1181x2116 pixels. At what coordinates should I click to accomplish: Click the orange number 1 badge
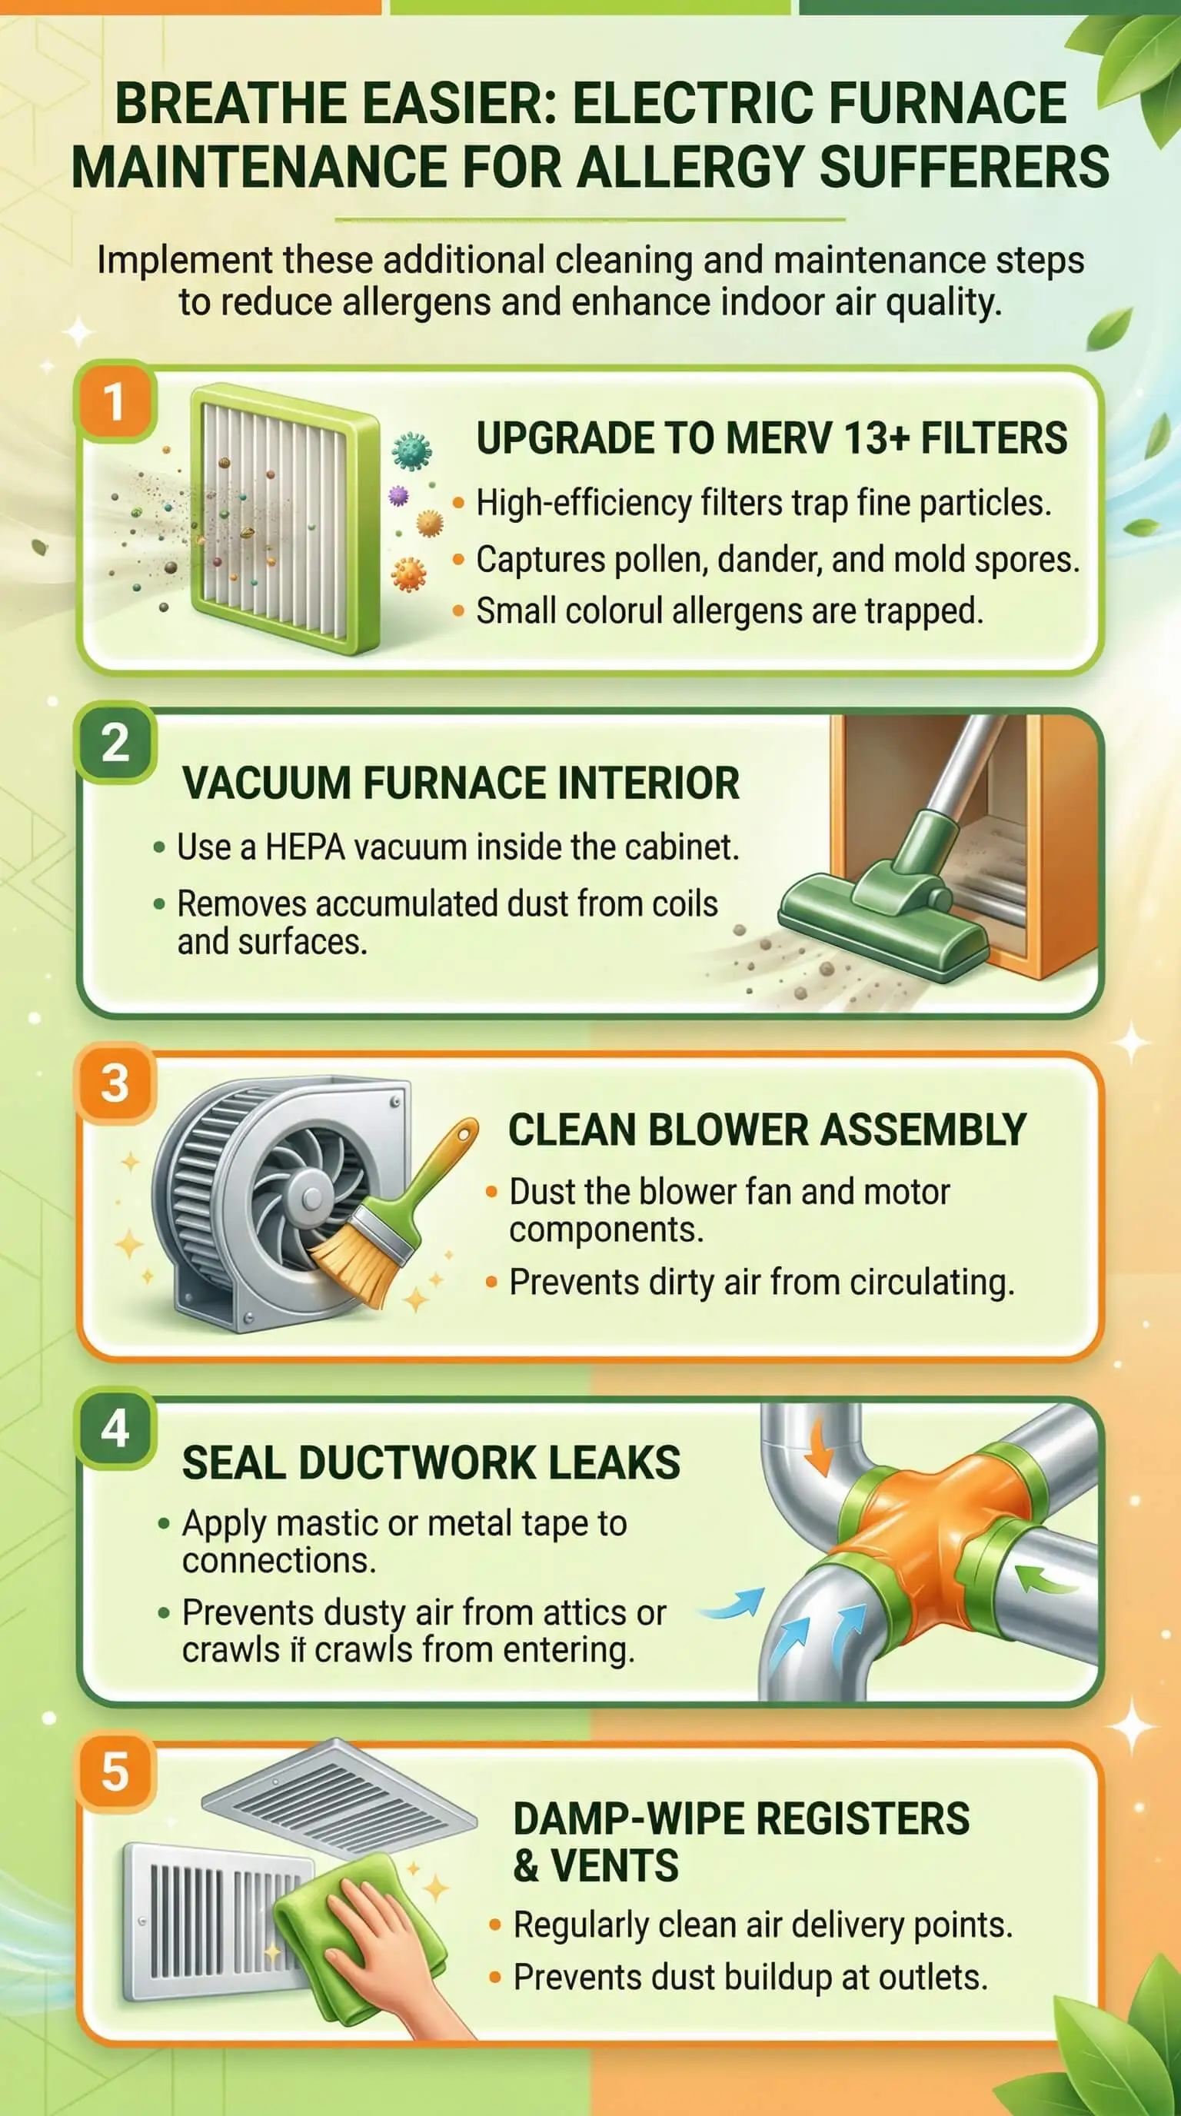tap(115, 401)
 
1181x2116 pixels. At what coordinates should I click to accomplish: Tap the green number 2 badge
tap(115, 744)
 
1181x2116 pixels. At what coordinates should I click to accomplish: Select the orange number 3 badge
tap(115, 1084)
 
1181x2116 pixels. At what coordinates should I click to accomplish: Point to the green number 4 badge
tap(115, 1430)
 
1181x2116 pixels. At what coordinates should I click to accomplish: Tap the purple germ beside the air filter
tap(398, 495)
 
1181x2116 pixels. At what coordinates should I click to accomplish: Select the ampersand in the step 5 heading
tap(527, 1865)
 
